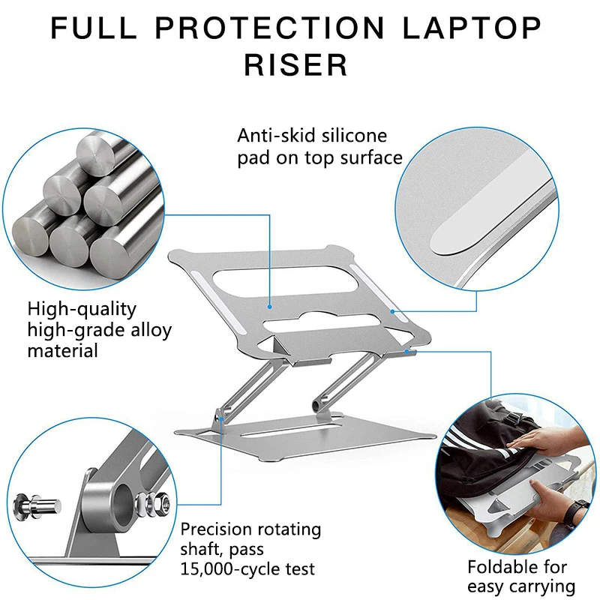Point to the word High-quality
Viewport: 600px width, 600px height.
click(82, 308)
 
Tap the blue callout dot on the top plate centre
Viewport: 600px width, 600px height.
click(270, 306)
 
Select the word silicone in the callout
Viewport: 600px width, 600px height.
click(352, 136)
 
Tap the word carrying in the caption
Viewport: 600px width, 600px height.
click(539, 586)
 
